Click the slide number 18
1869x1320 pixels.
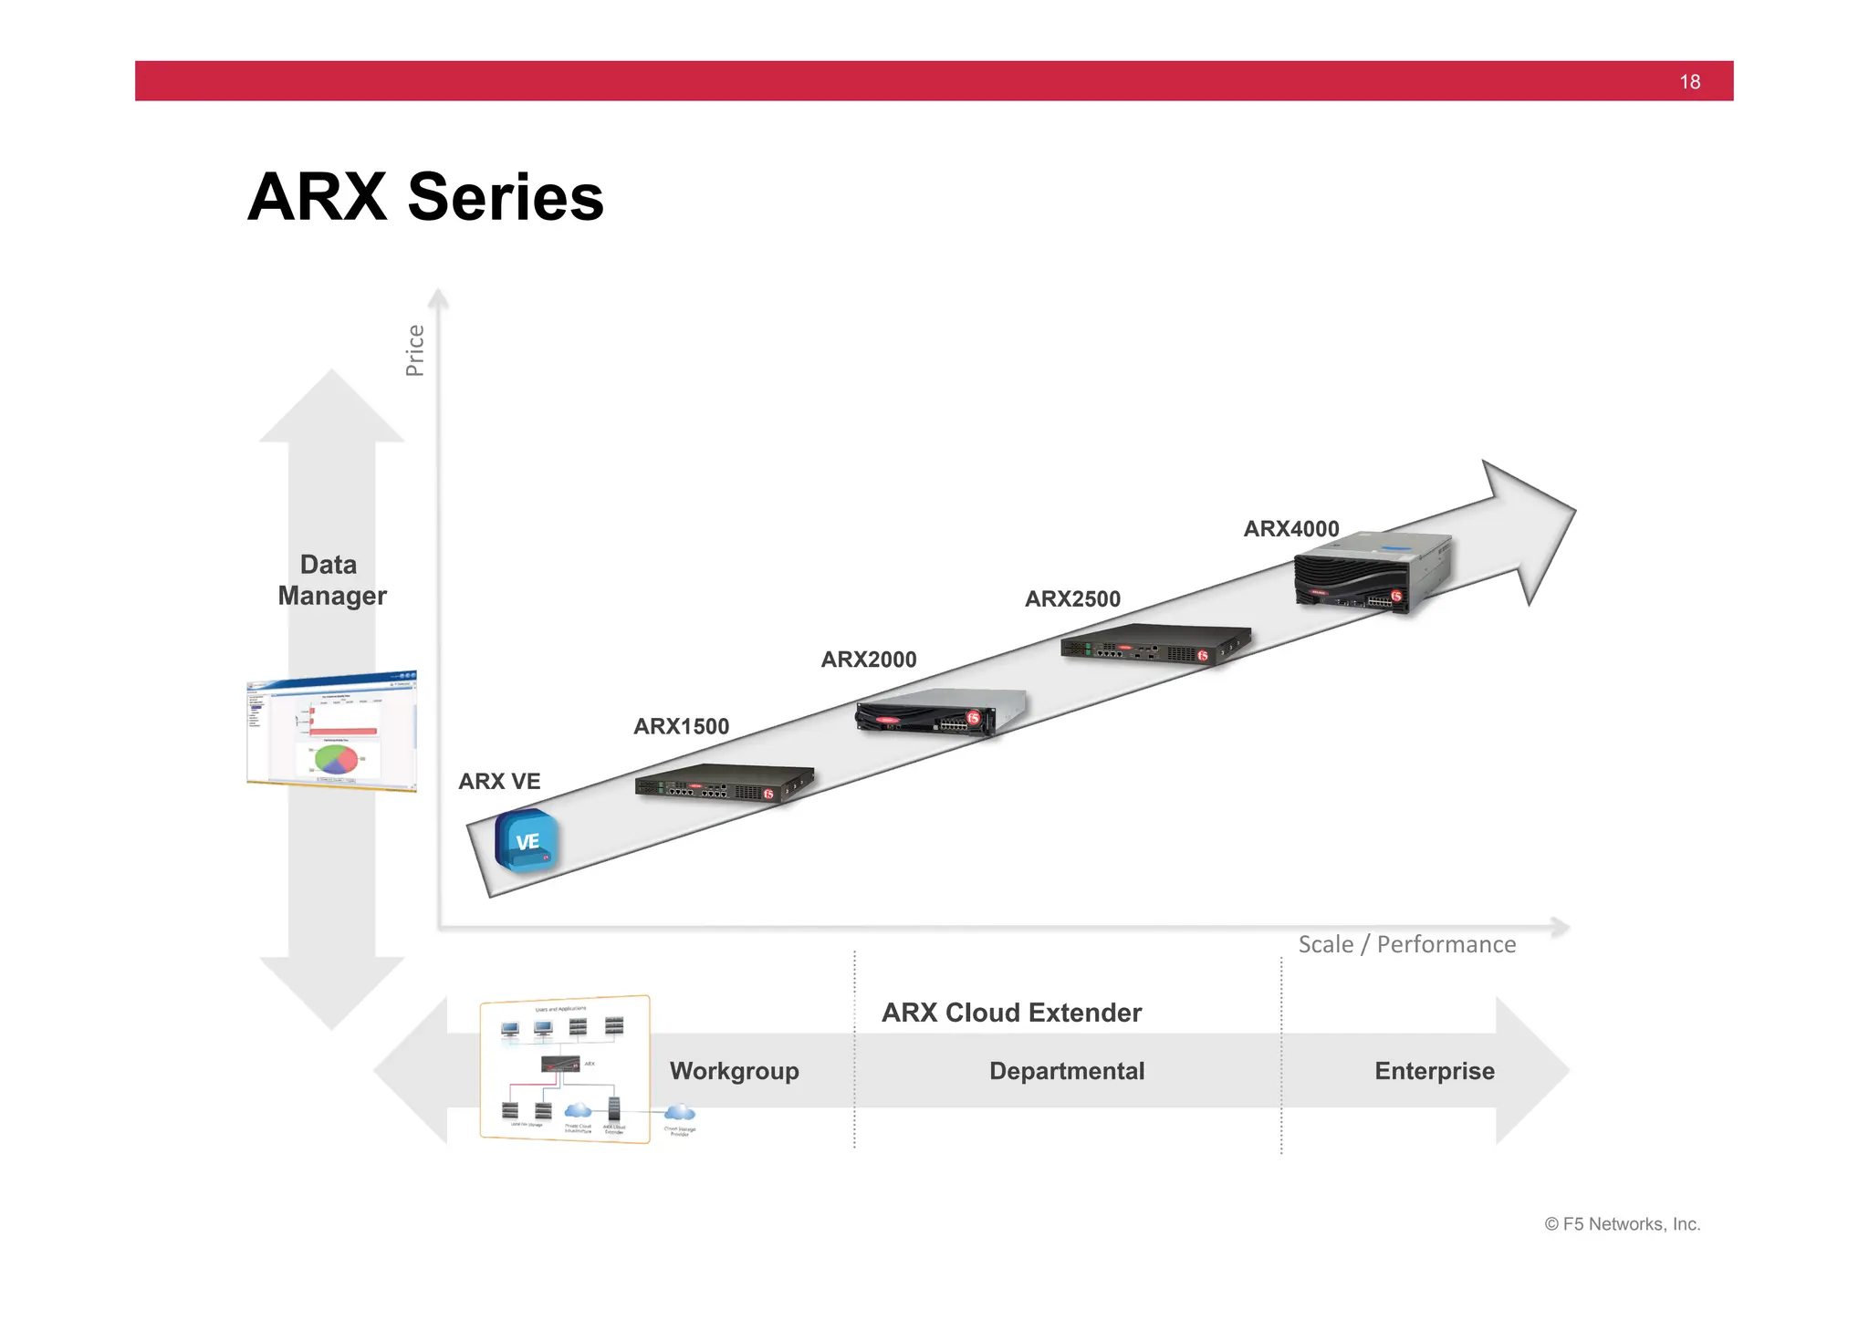pos(1689,82)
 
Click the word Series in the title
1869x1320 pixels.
pos(506,197)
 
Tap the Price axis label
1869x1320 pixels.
pos(415,350)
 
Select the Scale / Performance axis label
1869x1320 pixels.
pos(1406,944)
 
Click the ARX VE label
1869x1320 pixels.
pos(499,782)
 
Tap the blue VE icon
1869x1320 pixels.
pos(527,841)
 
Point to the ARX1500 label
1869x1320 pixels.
pos(681,727)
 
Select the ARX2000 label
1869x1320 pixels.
pos(868,660)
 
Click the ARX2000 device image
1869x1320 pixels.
pos(940,712)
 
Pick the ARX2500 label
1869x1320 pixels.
pos(1072,599)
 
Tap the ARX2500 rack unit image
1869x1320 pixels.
pos(1154,644)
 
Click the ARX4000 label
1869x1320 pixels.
pos(1291,529)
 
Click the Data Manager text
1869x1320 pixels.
pos(331,580)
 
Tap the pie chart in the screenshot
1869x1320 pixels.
pos(336,758)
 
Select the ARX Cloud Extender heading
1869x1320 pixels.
pos(1011,1013)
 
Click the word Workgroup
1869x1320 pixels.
pos(734,1071)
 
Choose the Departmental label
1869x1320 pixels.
pos(1067,1071)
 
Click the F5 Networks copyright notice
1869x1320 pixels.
pos(1622,1224)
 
